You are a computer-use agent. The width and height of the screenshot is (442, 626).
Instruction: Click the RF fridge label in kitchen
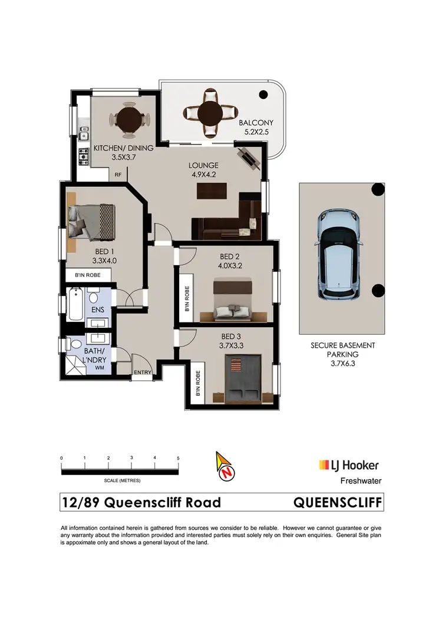point(118,174)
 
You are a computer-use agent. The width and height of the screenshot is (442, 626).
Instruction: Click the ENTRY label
point(142,372)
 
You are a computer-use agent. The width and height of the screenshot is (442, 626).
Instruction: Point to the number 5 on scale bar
point(177,458)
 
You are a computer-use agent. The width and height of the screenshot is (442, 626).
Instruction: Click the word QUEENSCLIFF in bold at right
point(338,502)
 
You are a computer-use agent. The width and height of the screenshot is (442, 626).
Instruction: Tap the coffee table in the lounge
point(212,191)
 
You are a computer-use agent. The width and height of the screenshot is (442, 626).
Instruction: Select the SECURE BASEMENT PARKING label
point(343,350)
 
